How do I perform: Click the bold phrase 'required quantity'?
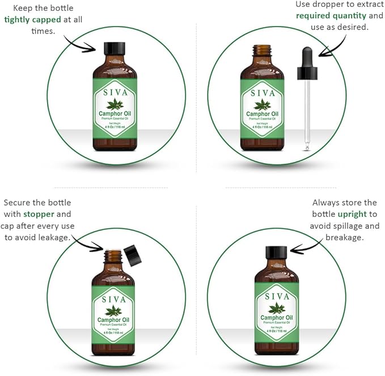click(331, 15)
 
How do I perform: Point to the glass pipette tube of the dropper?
click(307, 113)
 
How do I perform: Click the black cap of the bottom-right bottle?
click(277, 253)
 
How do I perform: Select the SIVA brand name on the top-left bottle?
click(115, 92)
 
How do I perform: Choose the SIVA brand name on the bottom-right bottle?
click(277, 296)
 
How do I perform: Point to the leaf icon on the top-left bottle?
click(115, 104)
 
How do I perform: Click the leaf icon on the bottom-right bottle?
click(277, 308)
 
